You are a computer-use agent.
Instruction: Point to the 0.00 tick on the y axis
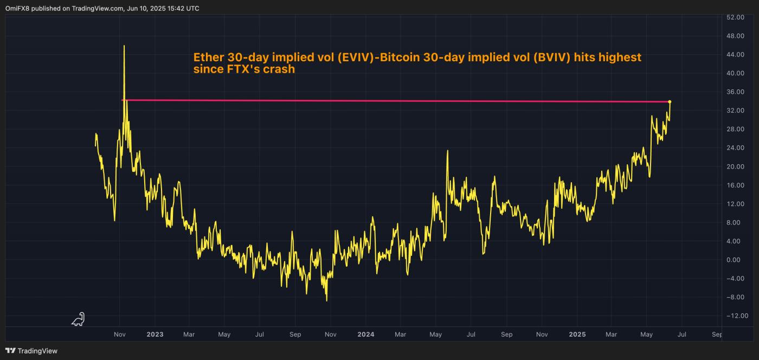pos(737,260)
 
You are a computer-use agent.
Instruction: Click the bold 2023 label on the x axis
pos(155,335)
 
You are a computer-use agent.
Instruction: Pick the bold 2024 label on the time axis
pos(365,335)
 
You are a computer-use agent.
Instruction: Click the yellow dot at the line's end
pos(670,101)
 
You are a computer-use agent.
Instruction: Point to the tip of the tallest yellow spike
pos(124,46)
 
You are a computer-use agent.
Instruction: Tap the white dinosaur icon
pos(79,319)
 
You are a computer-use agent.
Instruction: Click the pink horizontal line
pos(379,101)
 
